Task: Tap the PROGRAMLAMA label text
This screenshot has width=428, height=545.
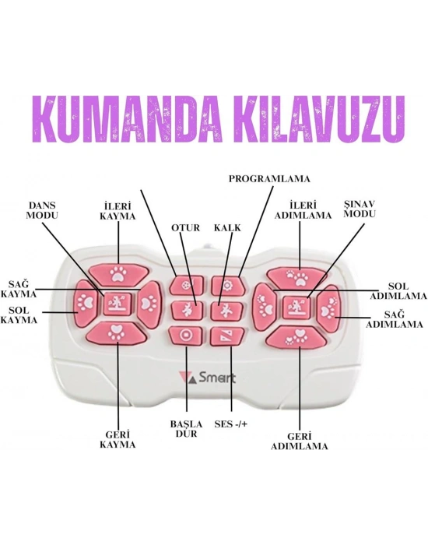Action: click(x=269, y=178)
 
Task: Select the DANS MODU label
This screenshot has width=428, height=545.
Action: click(x=42, y=210)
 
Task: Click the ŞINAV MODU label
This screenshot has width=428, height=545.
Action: click(x=360, y=209)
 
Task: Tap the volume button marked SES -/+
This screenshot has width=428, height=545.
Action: click(x=227, y=336)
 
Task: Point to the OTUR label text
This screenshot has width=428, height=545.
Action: click(x=186, y=227)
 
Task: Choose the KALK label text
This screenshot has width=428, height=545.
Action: click(x=227, y=227)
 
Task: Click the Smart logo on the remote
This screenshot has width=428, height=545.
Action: click(x=208, y=378)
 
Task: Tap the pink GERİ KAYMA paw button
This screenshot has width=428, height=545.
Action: click(x=117, y=332)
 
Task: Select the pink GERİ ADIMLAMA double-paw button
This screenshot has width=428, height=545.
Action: click(x=297, y=337)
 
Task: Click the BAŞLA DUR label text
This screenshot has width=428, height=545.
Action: click(x=186, y=429)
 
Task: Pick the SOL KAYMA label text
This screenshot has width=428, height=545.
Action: click(x=19, y=315)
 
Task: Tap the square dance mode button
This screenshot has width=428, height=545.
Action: click(x=118, y=304)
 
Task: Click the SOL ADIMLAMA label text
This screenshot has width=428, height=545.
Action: click(x=398, y=291)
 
